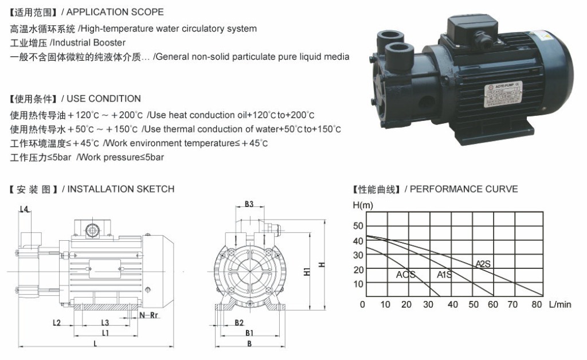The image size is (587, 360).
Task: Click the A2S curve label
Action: (x=483, y=264)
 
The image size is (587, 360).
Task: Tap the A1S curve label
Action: (x=444, y=275)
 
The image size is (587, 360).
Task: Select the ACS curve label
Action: (x=405, y=275)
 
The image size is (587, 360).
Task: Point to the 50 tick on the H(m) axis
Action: (x=358, y=225)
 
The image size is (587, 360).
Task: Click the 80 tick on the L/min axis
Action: (x=537, y=304)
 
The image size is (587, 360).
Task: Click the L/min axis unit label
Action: (x=560, y=304)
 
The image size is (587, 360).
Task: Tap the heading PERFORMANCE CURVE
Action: (x=464, y=189)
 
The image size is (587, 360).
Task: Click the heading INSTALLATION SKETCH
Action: (x=121, y=189)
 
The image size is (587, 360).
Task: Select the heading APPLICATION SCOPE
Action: (x=115, y=11)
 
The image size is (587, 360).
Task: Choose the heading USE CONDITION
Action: (x=104, y=99)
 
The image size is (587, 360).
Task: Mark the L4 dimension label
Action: (x=25, y=209)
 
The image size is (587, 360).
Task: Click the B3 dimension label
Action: (x=249, y=204)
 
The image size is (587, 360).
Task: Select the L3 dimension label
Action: (x=105, y=323)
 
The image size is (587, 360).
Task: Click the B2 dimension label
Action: (x=239, y=323)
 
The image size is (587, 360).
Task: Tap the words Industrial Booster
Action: (x=88, y=42)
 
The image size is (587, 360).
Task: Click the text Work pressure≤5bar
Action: (x=120, y=157)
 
